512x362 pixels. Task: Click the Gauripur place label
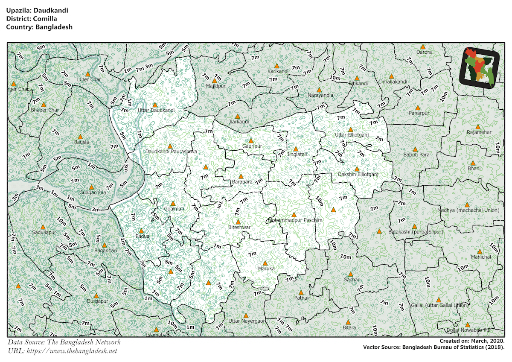(x=251, y=146)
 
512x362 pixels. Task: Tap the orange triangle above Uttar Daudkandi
(x=155, y=105)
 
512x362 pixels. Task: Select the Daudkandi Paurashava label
(x=171, y=152)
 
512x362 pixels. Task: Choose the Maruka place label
(x=266, y=269)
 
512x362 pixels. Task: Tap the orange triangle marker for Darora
(x=423, y=47)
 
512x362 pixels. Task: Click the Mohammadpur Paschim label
(x=295, y=220)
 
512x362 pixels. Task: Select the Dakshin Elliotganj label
(x=358, y=175)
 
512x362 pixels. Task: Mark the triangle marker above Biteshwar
(x=238, y=222)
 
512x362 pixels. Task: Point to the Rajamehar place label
(x=479, y=132)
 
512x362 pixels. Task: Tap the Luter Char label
(x=89, y=80)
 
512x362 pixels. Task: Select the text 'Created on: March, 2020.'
(x=472, y=341)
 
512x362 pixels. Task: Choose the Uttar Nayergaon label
(x=247, y=321)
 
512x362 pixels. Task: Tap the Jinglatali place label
(x=297, y=154)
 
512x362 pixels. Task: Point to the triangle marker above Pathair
(x=300, y=292)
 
